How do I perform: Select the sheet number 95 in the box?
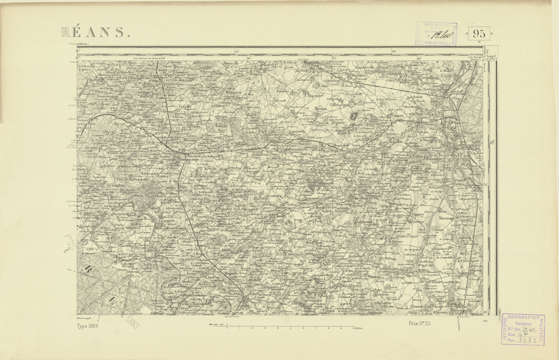479,34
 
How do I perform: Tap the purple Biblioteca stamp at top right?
436,34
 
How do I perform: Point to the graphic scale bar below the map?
291,328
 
